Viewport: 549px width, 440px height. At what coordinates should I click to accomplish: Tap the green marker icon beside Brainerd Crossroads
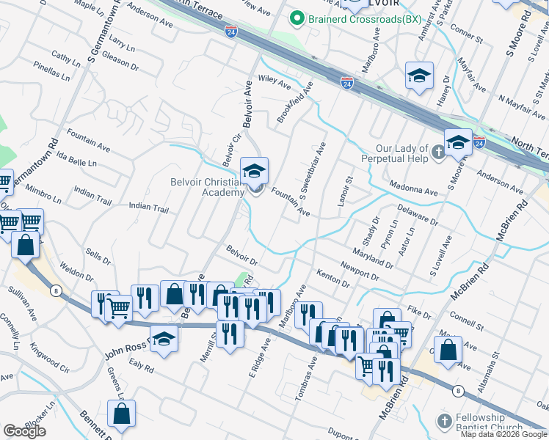[x=297, y=18]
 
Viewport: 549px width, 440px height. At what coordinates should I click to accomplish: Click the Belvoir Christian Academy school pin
[x=255, y=173]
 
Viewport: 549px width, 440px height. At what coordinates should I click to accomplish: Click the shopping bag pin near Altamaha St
[x=448, y=350]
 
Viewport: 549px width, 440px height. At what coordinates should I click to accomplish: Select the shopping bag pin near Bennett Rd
[x=122, y=414]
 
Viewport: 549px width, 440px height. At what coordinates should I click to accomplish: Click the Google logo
[x=25, y=431]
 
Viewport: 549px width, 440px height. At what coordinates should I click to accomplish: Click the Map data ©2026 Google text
[x=503, y=434]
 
